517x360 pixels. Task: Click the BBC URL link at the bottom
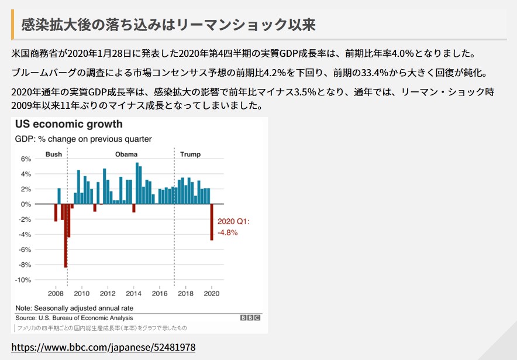[103, 347]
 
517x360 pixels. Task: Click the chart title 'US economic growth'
[69, 124]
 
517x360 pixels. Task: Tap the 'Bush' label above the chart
[53, 155]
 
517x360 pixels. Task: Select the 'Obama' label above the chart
[126, 155]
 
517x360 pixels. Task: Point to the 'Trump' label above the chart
[190, 155]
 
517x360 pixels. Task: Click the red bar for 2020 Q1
[212, 222]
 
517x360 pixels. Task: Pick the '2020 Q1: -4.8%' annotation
[233, 227]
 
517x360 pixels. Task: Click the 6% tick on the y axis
[26, 159]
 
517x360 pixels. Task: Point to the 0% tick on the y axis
[26, 204]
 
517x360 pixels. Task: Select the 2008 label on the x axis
[56, 293]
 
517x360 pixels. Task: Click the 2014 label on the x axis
[133, 293]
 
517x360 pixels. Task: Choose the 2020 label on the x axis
[211, 293]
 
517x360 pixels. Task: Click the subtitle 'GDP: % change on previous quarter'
[83, 139]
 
